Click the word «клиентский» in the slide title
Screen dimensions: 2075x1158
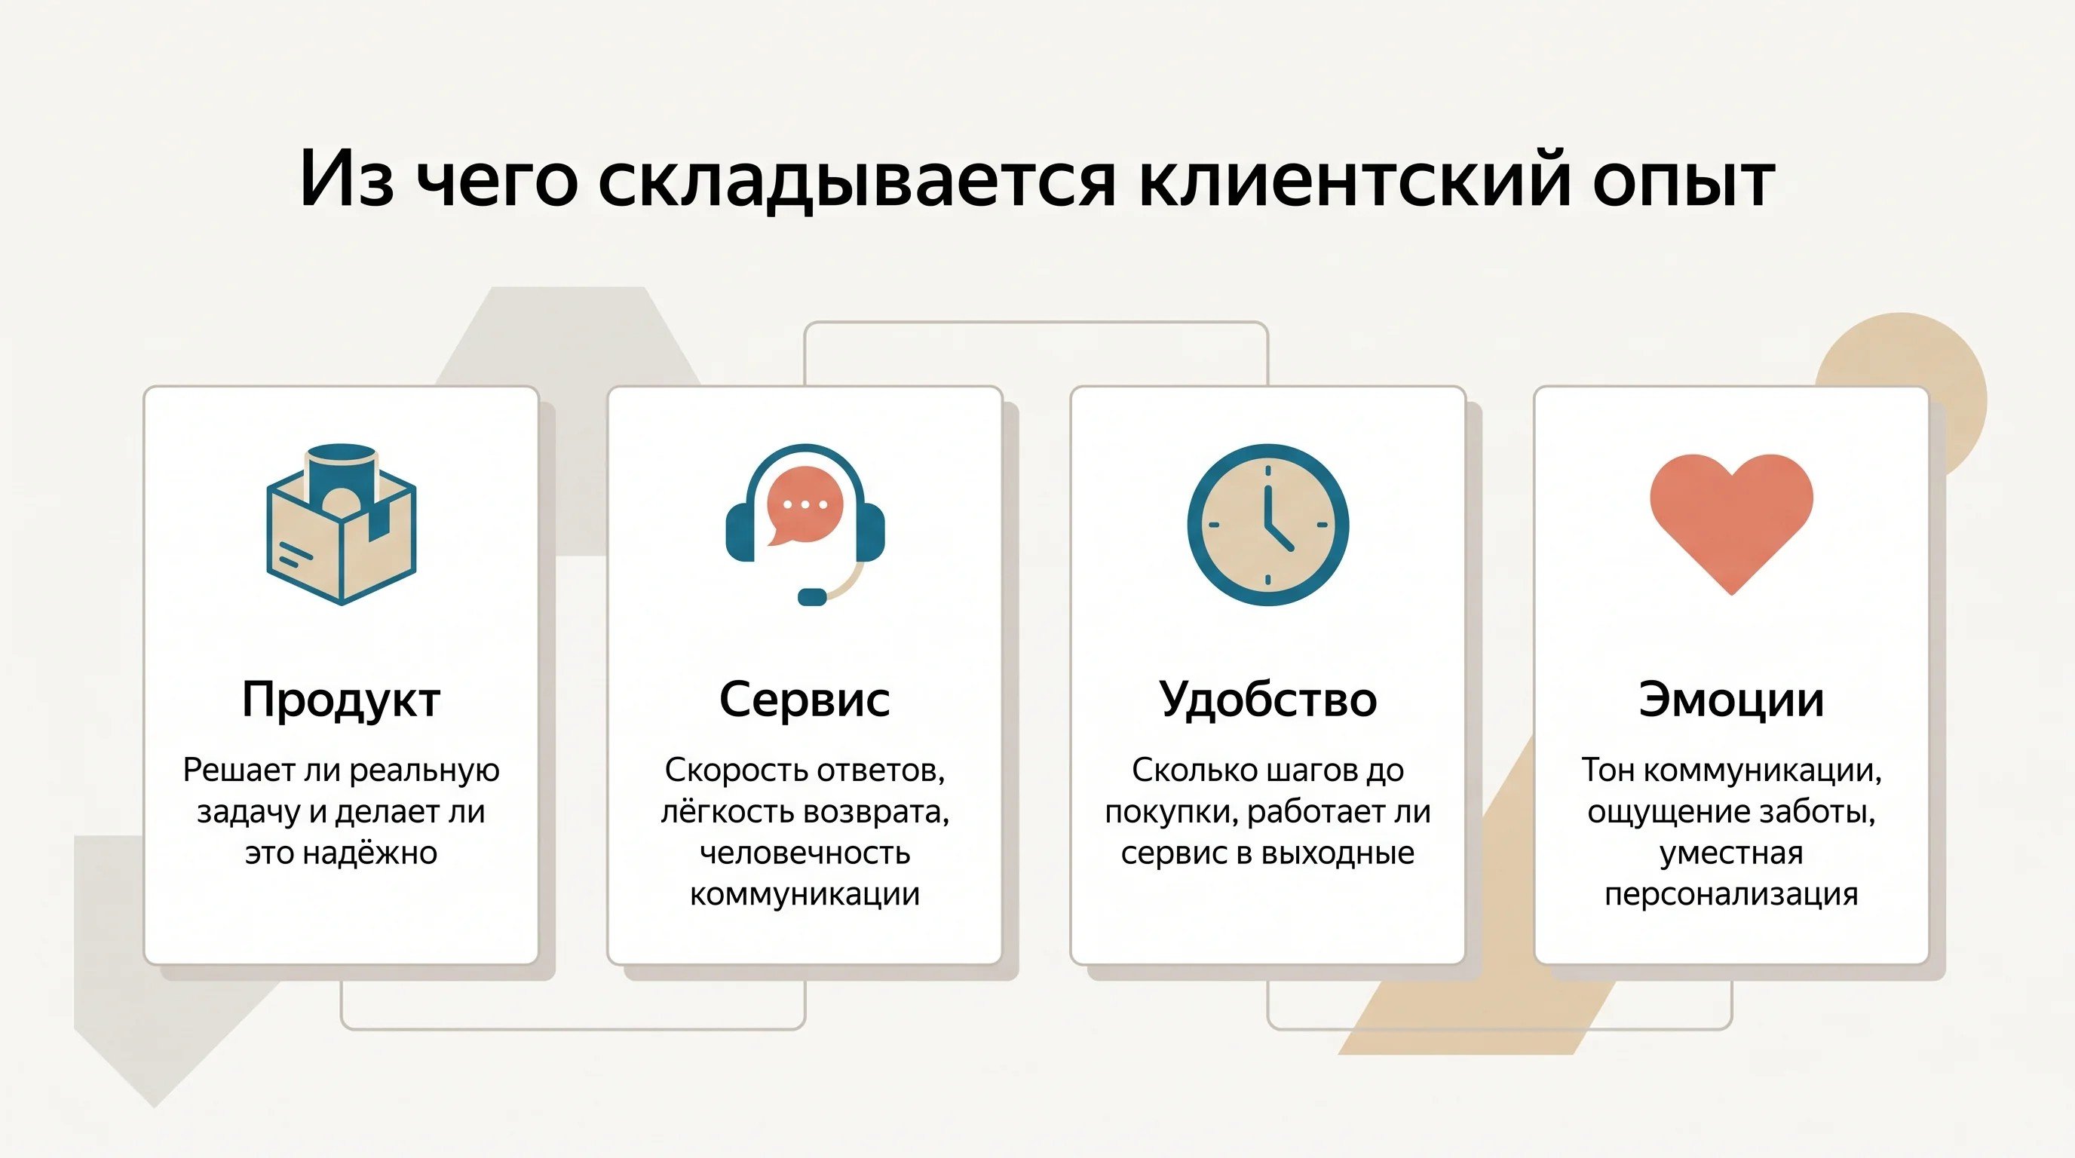(x=1356, y=178)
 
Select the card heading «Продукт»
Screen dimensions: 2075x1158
(x=341, y=700)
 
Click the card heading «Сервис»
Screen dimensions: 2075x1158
(x=805, y=699)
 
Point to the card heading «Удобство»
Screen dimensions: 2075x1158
(x=1268, y=699)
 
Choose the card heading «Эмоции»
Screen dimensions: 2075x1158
(x=1731, y=699)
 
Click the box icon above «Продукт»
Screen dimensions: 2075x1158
(x=341, y=523)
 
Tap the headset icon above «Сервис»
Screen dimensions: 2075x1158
(x=805, y=524)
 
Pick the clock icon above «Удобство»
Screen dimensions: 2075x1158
(x=1268, y=524)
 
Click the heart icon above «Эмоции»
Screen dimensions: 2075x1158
(x=1731, y=524)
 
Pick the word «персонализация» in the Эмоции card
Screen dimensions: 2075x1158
(x=1731, y=895)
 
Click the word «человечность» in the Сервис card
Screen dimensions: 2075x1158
(x=805, y=853)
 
